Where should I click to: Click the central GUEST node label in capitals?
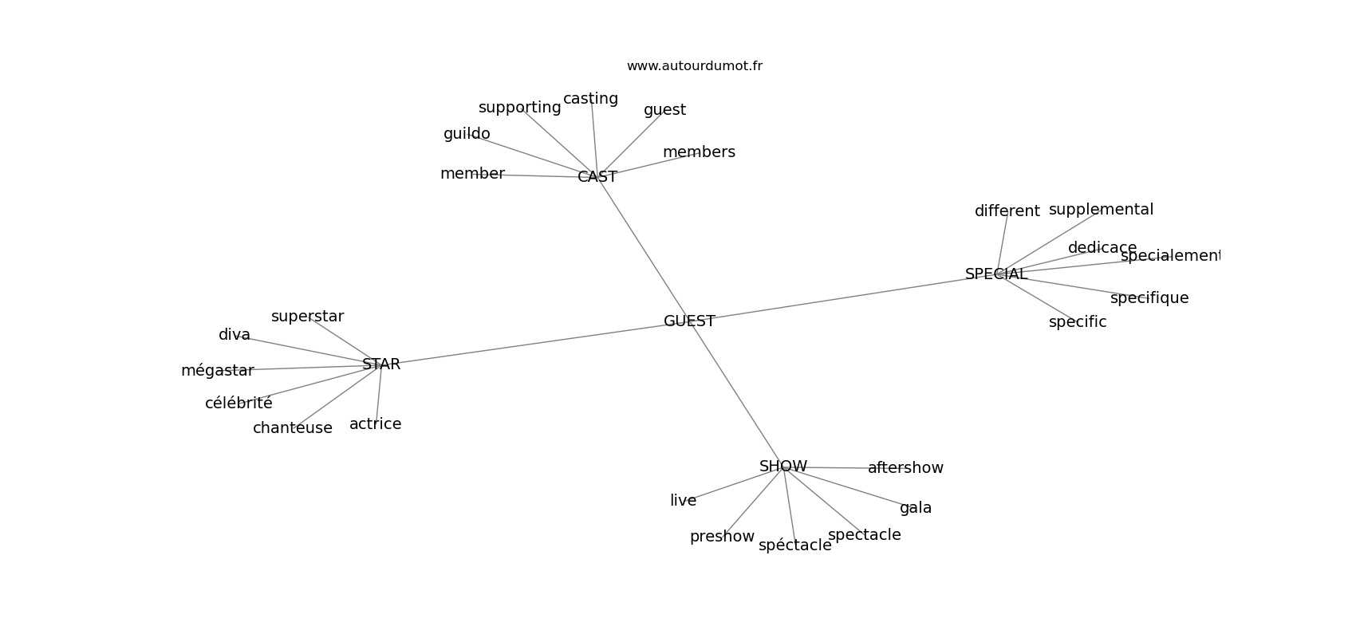(689, 321)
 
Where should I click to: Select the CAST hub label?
(597, 177)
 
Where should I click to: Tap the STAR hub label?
(381, 364)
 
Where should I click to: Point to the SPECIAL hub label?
(996, 274)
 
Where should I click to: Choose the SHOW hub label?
(783, 467)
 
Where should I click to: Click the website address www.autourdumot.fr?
(694, 66)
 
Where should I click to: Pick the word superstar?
(307, 317)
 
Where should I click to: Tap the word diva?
(235, 335)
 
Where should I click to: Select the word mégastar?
(217, 371)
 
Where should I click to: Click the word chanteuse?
(293, 428)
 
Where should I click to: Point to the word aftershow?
(905, 468)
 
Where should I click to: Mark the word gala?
(916, 508)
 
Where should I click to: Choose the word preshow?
(722, 537)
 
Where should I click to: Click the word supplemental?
(1101, 210)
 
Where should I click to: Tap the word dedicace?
(1102, 248)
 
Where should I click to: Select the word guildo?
(467, 134)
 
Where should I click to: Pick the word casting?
(590, 99)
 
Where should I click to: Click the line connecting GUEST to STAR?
(534, 343)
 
